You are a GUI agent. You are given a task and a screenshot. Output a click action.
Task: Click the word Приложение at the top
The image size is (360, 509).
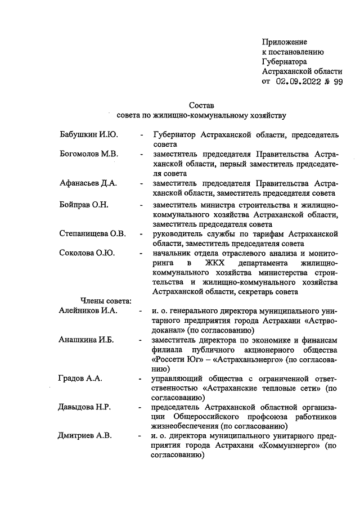coord(285,42)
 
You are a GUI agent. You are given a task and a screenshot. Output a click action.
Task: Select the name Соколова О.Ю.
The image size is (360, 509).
coord(87,253)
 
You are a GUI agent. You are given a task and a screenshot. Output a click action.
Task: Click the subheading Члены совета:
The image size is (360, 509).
coord(106,301)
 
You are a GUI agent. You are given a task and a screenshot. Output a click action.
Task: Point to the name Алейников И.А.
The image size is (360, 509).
coord(88,310)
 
